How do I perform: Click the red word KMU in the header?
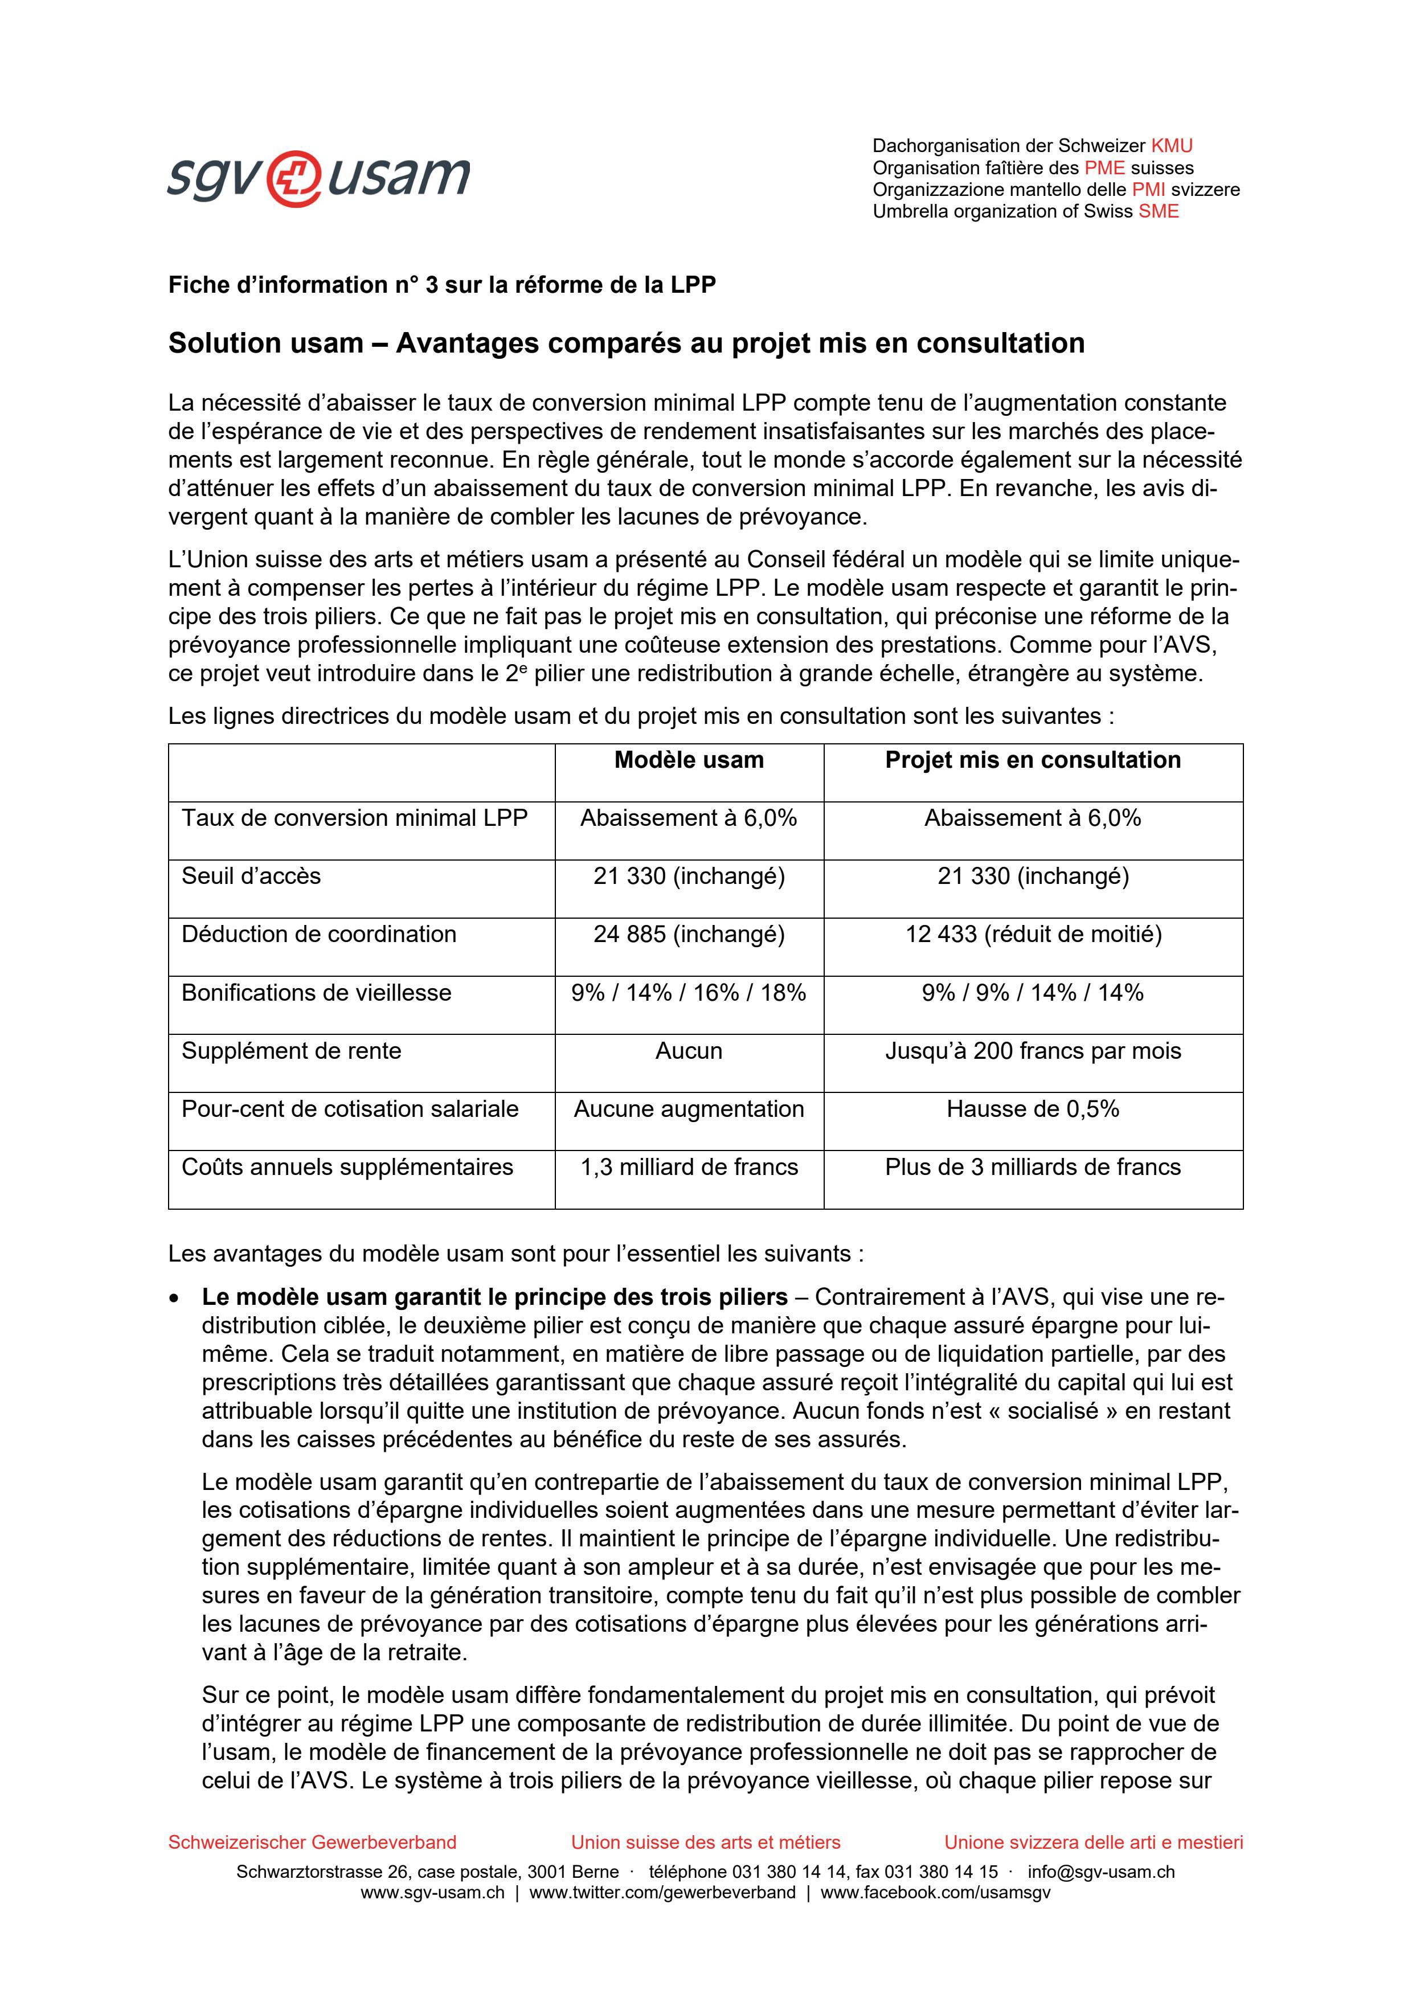pyautogui.click(x=1172, y=146)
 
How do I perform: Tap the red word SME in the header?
pyautogui.click(x=1159, y=211)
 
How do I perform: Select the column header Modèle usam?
pyautogui.click(x=689, y=760)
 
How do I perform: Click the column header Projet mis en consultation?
pyautogui.click(x=1033, y=760)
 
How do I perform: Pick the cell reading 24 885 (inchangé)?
pyautogui.click(x=689, y=935)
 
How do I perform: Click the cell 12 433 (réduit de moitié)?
pyautogui.click(x=1033, y=935)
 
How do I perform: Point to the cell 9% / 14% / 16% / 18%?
pyautogui.click(x=689, y=993)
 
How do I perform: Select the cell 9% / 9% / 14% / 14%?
pyautogui.click(x=1033, y=993)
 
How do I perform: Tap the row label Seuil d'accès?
pyautogui.click(x=251, y=877)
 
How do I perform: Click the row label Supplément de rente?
pyautogui.click(x=292, y=1051)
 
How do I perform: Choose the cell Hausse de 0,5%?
pyautogui.click(x=1033, y=1109)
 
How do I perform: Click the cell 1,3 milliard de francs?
pyautogui.click(x=689, y=1168)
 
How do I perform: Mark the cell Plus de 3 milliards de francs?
pyautogui.click(x=1033, y=1168)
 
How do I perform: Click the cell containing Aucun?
pyautogui.click(x=689, y=1051)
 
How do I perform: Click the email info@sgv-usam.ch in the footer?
pyautogui.click(x=1100, y=1872)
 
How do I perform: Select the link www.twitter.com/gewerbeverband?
pyautogui.click(x=662, y=1893)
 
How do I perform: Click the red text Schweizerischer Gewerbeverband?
pyautogui.click(x=312, y=1843)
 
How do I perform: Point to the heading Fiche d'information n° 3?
pyautogui.click(x=442, y=285)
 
